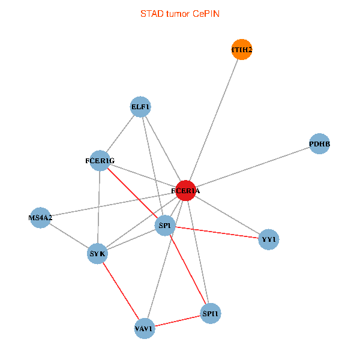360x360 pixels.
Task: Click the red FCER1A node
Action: click(x=186, y=191)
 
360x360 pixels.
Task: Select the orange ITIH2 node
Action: click(x=242, y=49)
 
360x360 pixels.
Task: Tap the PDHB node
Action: click(x=319, y=144)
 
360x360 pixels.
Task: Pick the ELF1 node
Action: click(x=140, y=107)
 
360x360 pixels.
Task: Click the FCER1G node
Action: click(x=100, y=160)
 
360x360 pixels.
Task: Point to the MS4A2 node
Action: click(x=40, y=218)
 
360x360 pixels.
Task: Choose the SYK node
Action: click(x=97, y=254)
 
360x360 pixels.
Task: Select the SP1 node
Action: click(x=165, y=226)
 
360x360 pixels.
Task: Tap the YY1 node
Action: click(x=268, y=239)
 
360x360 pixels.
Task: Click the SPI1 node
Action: click(x=211, y=313)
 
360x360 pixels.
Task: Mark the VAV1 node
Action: click(x=145, y=329)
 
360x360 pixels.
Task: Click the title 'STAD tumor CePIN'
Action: click(x=180, y=14)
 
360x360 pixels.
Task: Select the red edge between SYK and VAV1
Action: click(x=121, y=291)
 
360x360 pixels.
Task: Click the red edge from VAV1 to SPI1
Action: click(x=178, y=321)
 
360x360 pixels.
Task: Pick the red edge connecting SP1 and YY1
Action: click(x=217, y=232)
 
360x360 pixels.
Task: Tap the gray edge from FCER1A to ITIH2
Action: click(x=214, y=120)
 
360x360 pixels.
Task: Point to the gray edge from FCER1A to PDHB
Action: click(x=253, y=167)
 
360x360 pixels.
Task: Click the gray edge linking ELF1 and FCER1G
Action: click(x=120, y=134)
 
